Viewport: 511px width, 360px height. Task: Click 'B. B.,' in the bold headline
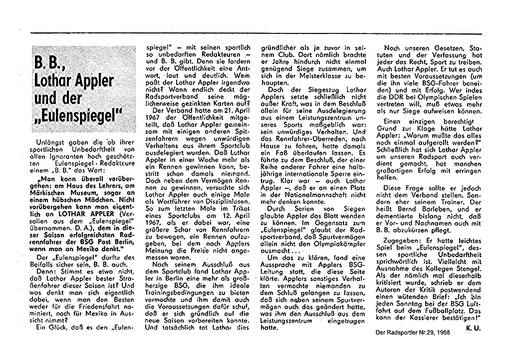pos(51,61)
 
